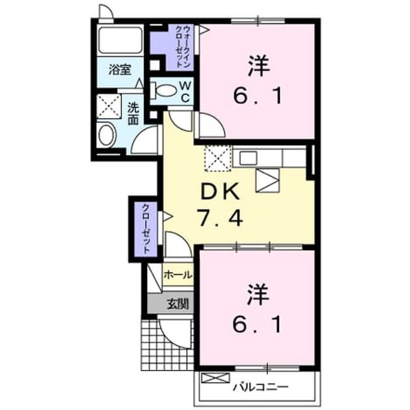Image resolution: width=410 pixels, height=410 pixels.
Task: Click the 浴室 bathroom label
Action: [x=120, y=70]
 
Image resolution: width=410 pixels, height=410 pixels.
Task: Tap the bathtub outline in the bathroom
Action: [x=120, y=40]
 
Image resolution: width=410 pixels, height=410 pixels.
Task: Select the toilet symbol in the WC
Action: [x=164, y=90]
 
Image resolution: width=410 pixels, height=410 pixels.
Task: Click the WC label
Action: [x=185, y=92]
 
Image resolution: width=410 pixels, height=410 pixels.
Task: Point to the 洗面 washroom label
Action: [x=133, y=114]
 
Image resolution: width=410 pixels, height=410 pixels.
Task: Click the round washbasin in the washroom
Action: [x=107, y=135]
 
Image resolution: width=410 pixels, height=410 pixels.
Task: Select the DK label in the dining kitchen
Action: [x=220, y=191]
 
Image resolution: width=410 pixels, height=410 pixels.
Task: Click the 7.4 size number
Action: [x=220, y=217]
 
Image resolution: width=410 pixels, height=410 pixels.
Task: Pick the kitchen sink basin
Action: [x=248, y=158]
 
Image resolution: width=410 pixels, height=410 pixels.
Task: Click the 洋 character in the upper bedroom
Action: [x=258, y=65]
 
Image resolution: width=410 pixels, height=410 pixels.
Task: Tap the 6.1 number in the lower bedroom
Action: [x=257, y=324]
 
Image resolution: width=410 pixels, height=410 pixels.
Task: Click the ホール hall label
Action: [x=178, y=275]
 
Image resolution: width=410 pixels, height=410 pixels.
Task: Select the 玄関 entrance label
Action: [x=178, y=304]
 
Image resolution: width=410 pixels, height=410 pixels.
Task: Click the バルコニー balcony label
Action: [x=260, y=386]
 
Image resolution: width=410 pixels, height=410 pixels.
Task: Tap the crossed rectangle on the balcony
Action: [x=215, y=378]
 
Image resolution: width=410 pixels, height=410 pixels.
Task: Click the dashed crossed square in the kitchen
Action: [x=218, y=158]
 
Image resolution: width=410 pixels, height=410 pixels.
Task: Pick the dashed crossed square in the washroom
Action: [x=109, y=107]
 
